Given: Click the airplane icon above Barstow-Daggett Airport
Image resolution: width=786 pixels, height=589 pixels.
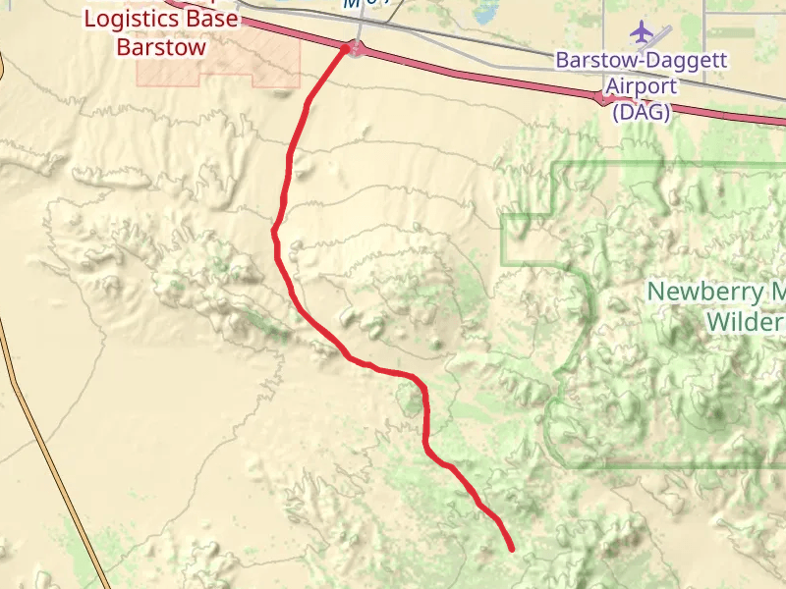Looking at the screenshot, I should (x=643, y=31).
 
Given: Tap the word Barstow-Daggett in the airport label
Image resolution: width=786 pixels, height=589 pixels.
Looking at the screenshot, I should (x=642, y=60).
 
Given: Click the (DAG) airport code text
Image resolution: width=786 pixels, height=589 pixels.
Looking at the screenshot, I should (x=641, y=112).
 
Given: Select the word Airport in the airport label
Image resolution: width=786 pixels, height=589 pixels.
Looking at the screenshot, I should (x=641, y=86).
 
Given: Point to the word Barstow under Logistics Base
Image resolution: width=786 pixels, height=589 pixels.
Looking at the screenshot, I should (x=161, y=47).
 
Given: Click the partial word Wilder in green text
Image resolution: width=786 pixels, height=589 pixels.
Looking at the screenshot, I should (x=746, y=321).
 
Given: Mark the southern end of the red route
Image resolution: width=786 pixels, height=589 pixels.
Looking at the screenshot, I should (x=512, y=549).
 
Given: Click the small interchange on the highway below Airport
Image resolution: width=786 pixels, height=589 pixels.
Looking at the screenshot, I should (x=603, y=98).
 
